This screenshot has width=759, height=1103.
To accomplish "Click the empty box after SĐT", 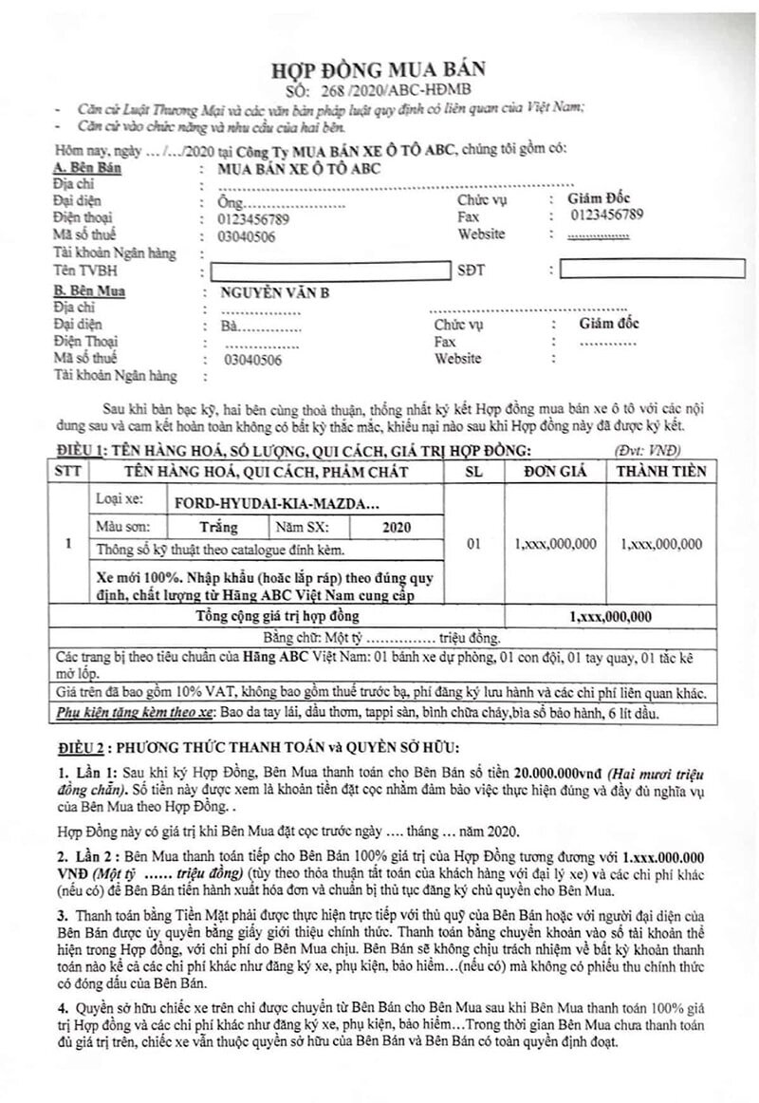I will [x=646, y=271].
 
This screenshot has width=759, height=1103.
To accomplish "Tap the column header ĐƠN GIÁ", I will [x=555, y=471].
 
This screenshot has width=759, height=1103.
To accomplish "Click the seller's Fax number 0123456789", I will [x=606, y=215].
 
